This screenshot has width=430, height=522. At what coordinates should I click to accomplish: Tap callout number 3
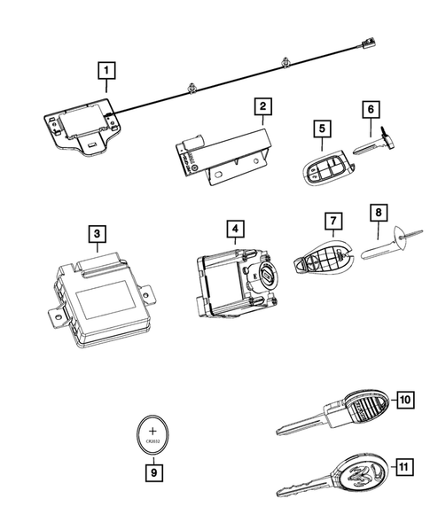(98, 235)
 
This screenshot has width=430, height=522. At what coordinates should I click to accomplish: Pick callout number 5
(321, 129)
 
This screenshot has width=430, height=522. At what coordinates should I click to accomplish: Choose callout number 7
(332, 220)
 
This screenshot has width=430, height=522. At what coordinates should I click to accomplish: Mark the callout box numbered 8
(376, 214)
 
